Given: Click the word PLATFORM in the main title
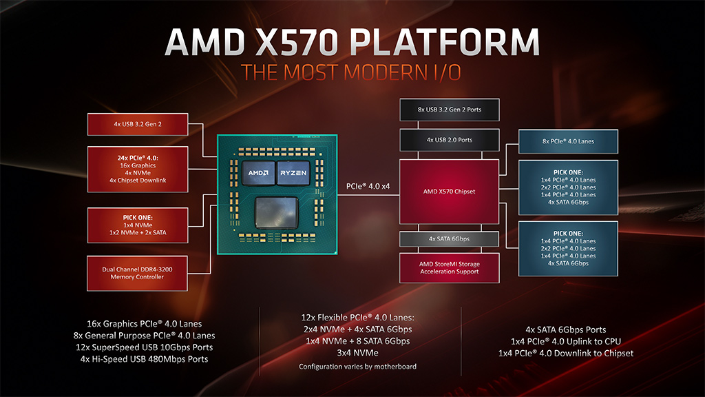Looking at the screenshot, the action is [444, 42].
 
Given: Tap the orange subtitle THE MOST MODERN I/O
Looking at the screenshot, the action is [351, 72].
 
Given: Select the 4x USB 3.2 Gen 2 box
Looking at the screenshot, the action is [138, 124].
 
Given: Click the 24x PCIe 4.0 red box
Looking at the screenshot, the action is [138, 170].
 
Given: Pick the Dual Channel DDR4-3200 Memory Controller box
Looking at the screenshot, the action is [137, 273].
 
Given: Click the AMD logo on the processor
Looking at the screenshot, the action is [259, 173].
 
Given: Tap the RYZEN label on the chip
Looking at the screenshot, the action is [293, 173].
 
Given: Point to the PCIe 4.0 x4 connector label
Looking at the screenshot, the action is [368, 186].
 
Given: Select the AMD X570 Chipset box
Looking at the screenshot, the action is [449, 192].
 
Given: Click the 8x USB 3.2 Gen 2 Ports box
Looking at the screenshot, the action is [449, 110].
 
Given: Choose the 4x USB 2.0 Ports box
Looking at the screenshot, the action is [449, 140].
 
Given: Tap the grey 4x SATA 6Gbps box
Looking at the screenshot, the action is [449, 239].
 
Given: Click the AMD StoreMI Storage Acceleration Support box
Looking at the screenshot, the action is [449, 268].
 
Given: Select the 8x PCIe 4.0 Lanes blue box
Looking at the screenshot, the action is [568, 141].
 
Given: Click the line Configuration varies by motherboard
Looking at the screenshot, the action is [357, 367].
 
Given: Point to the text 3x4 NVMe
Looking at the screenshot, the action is [357, 353].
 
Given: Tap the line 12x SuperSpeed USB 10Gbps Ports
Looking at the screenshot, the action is [145, 347].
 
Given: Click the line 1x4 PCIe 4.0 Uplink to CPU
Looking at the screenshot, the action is [566, 341].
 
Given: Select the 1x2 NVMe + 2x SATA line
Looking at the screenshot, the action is [138, 233].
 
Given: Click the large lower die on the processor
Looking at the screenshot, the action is [277, 212].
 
